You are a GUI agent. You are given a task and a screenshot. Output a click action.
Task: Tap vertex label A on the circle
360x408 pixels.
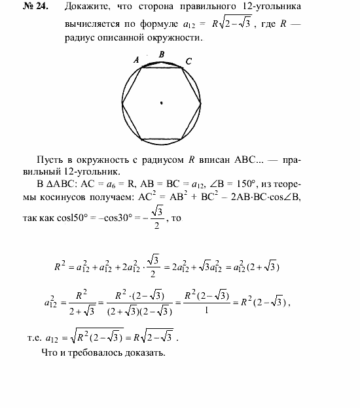137,59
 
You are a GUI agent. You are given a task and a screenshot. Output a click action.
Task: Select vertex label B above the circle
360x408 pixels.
161,54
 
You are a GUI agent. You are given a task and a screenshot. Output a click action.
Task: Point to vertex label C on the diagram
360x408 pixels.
189,61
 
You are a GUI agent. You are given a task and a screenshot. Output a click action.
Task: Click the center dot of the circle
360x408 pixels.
161,102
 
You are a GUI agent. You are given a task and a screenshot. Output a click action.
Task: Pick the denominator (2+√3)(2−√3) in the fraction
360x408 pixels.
140,312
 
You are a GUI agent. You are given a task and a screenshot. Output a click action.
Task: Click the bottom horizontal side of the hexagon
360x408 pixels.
161,139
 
